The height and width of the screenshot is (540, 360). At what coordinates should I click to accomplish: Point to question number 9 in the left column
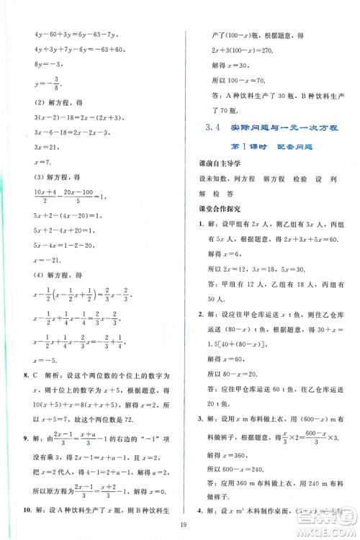(x=26, y=438)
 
